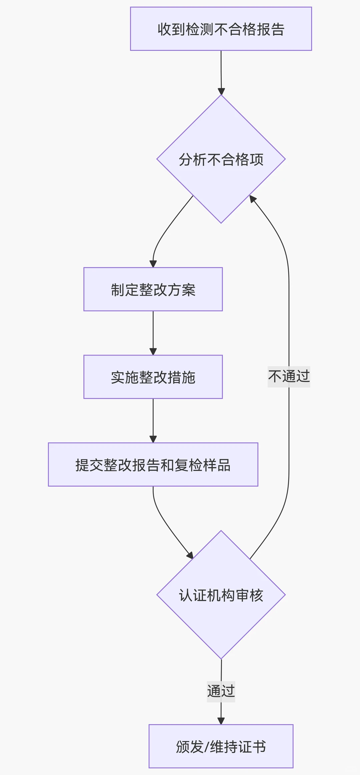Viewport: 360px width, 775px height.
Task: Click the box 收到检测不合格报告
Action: (x=221, y=29)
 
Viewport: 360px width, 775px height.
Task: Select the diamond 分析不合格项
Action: (x=221, y=159)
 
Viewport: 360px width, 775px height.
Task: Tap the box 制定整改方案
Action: (x=153, y=289)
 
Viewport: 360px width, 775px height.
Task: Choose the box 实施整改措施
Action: (x=153, y=377)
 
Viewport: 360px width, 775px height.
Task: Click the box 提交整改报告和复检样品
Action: (x=153, y=464)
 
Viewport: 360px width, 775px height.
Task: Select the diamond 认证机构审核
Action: (x=221, y=595)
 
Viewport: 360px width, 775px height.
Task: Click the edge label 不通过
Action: (x=289, y=377)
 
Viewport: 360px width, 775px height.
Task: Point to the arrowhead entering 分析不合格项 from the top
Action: (x=221, y=91)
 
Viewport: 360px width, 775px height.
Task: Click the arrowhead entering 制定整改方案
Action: (x=153, y=264)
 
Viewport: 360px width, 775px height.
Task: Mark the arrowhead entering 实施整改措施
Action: (x=153, y=352)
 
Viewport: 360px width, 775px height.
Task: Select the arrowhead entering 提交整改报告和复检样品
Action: (x=153, y=439)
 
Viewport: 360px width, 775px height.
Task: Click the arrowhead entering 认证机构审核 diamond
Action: (x=190, y=555)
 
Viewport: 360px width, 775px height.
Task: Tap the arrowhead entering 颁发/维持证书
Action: (x=221, y=721)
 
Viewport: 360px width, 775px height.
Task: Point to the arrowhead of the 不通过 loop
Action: (x=252, y=199)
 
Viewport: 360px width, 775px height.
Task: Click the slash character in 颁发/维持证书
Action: (x=206, y=747)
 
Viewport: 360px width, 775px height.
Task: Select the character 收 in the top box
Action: (x=164, y=29)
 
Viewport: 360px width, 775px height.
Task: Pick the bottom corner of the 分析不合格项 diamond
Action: (x=221, y=223)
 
